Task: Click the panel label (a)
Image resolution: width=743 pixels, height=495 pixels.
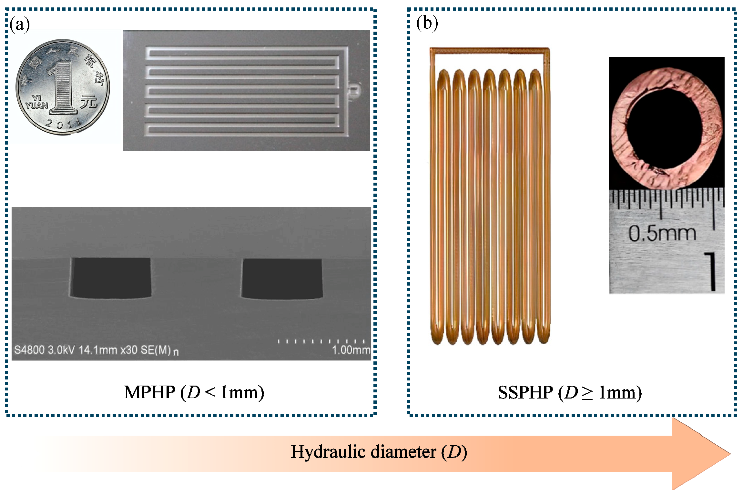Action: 20,25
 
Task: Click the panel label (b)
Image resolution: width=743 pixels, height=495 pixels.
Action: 427,24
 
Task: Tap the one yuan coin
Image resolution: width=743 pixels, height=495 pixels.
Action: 63,87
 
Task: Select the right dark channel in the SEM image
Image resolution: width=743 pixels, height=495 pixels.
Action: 282,278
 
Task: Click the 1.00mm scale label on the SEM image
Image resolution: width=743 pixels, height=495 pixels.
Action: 351,350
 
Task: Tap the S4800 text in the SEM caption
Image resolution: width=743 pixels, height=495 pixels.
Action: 29,350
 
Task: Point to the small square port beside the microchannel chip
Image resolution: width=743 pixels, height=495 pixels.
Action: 354,90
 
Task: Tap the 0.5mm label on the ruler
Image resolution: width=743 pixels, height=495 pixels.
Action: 662,233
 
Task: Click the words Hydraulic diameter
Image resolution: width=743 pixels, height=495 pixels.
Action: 363,452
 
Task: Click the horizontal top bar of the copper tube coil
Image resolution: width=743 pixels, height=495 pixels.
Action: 489,50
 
